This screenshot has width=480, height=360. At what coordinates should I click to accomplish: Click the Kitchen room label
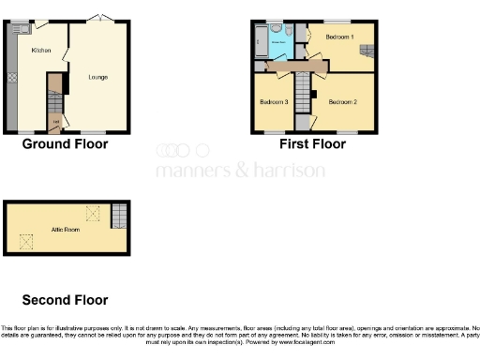point(40,50)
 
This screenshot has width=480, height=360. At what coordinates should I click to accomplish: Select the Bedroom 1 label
point(339,37)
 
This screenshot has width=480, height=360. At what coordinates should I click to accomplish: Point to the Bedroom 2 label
point(342,100)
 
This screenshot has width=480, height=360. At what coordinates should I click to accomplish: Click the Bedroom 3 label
point(274,101)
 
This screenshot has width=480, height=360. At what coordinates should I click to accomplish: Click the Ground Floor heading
point(65,144)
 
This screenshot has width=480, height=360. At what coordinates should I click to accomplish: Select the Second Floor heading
point(65,300)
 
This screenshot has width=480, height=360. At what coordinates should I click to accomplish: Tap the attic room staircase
point(117,217)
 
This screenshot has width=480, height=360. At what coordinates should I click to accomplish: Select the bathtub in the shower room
point(260,40)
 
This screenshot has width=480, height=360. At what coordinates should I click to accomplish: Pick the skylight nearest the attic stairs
point(93,213)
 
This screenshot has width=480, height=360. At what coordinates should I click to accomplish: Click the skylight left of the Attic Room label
point(26,242)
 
